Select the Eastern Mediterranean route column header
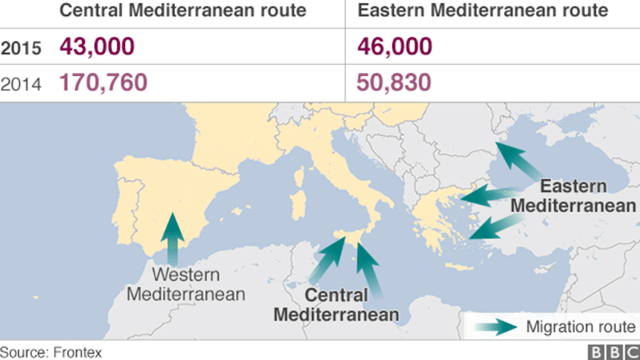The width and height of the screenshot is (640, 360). [x=482, y=11]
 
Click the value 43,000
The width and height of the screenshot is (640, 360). [x=97, y=47]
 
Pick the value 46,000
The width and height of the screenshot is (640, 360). [x=394, y=47]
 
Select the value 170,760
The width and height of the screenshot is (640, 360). [x=104, y=81]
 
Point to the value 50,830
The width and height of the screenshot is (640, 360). [x=394, y=81]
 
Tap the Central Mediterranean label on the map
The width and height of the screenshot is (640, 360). [x=335, y=304]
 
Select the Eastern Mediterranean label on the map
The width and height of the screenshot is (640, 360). [x=574, y=195]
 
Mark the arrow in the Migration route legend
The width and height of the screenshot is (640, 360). [x=497, y=326]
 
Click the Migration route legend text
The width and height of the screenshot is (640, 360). [x=580, y=326]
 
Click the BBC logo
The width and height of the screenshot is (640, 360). [x=613, y=351]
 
